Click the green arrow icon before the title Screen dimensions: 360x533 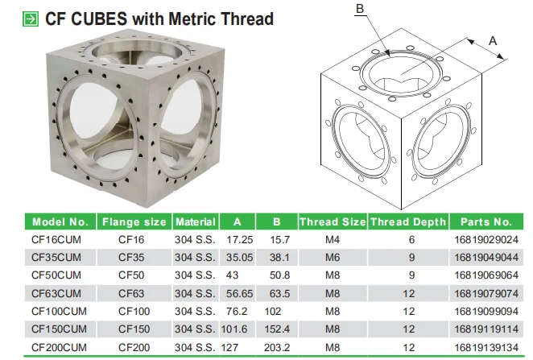click(x=30, y=17)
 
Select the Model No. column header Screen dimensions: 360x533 click(x=60, y=221)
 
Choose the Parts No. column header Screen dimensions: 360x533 click(x=485, y=221)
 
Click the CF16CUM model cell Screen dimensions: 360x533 click(x=56, y=239)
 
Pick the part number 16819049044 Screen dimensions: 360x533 click(x=485, y=257)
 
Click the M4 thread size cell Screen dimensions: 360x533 click(x=332, y=239)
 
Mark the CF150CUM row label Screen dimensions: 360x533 click(x=59, y=329)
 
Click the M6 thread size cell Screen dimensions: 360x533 click(x=332, y=257)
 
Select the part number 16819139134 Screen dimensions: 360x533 click(x=485, y=347)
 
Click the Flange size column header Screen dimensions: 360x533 click(x=134, y=221)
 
